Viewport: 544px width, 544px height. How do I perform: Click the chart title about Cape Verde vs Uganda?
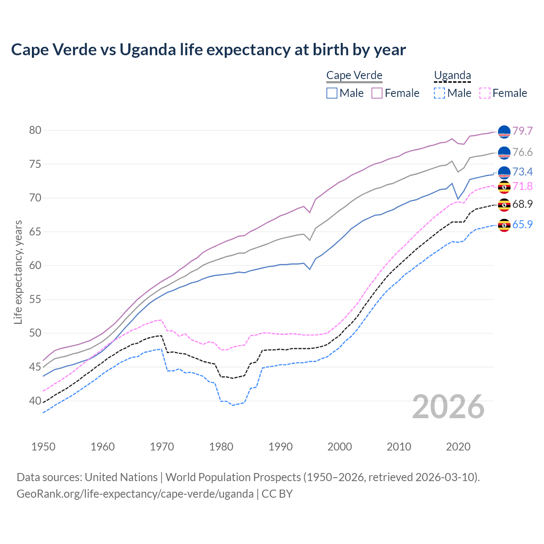click(x=208, y=50)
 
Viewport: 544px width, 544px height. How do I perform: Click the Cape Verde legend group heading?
click(x=354, y=75)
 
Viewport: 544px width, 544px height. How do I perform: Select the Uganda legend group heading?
click(x=452, y=75)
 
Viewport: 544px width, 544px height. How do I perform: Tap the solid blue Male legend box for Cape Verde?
click(x=332, y=93)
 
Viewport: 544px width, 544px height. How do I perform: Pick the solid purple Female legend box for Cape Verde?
click(x=377, y=93)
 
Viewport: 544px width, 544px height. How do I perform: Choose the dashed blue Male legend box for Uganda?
click(x=439, y=93)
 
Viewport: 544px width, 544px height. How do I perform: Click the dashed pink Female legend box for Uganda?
click(x=484, y=93)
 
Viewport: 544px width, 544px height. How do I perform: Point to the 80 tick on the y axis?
click(x=35, y=130)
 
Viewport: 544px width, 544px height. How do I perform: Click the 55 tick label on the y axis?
click(x=35, y=299)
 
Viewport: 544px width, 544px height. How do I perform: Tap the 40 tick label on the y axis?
click(x=35, y=401)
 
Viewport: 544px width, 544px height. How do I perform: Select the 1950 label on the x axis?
click(x=43, y=447)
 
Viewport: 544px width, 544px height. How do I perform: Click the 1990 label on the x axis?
click(x=280, y=447)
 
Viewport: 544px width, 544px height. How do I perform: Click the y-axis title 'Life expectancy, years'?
click(x=18, y=272)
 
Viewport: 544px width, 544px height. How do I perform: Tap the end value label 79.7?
click(x=522, y=131)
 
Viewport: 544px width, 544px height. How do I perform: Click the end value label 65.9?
click(x=522, y=224)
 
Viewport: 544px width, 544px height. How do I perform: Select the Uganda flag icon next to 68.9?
click(x=504, y=205)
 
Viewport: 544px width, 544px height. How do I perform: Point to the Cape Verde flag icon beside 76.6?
click(x=504, y=153)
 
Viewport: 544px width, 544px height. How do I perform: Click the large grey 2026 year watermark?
click(x=448, y=407)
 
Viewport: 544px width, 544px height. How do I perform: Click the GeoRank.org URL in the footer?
click(x=135, y=494)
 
